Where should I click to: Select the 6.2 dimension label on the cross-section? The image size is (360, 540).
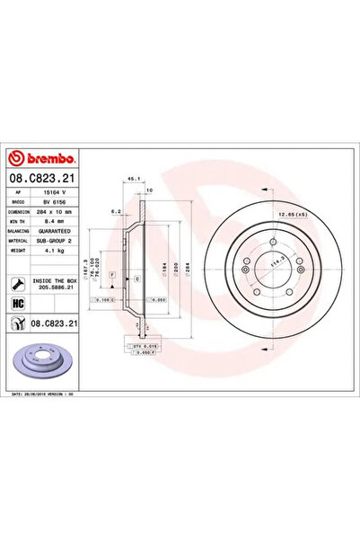(x=117, y=212)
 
